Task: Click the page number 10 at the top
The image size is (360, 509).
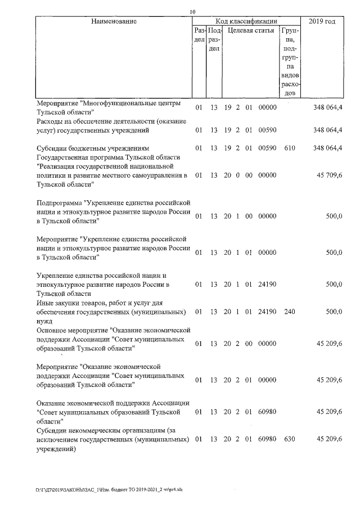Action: [x=192, y=12]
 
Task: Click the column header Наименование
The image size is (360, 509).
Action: [x=114, y=21]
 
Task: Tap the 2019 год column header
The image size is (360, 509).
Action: [x=322, y=21]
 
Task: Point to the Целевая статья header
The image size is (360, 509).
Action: [x=251, y=30]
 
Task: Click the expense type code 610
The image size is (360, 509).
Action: [x=290, y=148]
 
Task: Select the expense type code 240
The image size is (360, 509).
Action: [x=290, y=311]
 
